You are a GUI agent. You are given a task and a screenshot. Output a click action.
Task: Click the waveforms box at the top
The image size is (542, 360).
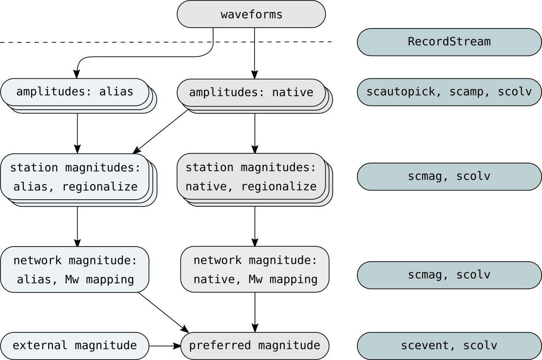click(251, 14)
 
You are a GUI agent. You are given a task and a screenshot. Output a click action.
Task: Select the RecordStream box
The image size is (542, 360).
click(449, 42)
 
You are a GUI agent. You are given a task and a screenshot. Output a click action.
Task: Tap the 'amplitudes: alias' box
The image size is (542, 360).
click(75, 92)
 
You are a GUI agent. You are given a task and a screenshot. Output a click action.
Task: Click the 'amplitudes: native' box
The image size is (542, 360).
click(251, 93)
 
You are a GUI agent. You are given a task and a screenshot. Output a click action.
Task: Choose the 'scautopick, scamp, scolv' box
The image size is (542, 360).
click(449, 91)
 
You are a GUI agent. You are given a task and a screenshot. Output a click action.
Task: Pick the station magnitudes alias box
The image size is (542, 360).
click(75, 177)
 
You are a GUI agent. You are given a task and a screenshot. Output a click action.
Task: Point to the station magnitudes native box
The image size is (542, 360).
click(251, 177)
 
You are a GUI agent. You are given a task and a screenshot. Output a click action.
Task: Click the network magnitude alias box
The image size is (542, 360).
click(75, 270)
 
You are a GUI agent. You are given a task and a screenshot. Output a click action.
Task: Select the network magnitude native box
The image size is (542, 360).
click(255, 270)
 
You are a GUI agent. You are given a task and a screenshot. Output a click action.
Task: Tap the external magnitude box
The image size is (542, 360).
click(75, 345)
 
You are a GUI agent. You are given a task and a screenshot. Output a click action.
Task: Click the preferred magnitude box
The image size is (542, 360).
click(255, 345)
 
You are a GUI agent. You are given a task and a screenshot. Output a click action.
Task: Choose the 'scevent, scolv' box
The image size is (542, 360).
click(449, 345)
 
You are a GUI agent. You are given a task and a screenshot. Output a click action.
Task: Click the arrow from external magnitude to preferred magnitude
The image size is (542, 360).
click(165, 345)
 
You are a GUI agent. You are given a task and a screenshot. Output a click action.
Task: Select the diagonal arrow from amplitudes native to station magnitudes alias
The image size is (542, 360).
click(161, 131)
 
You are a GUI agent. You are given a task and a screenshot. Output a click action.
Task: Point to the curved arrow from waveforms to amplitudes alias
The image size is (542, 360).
click(138, 56)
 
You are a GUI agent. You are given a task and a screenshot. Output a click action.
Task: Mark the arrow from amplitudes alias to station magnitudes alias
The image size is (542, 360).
click(77, 133)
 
